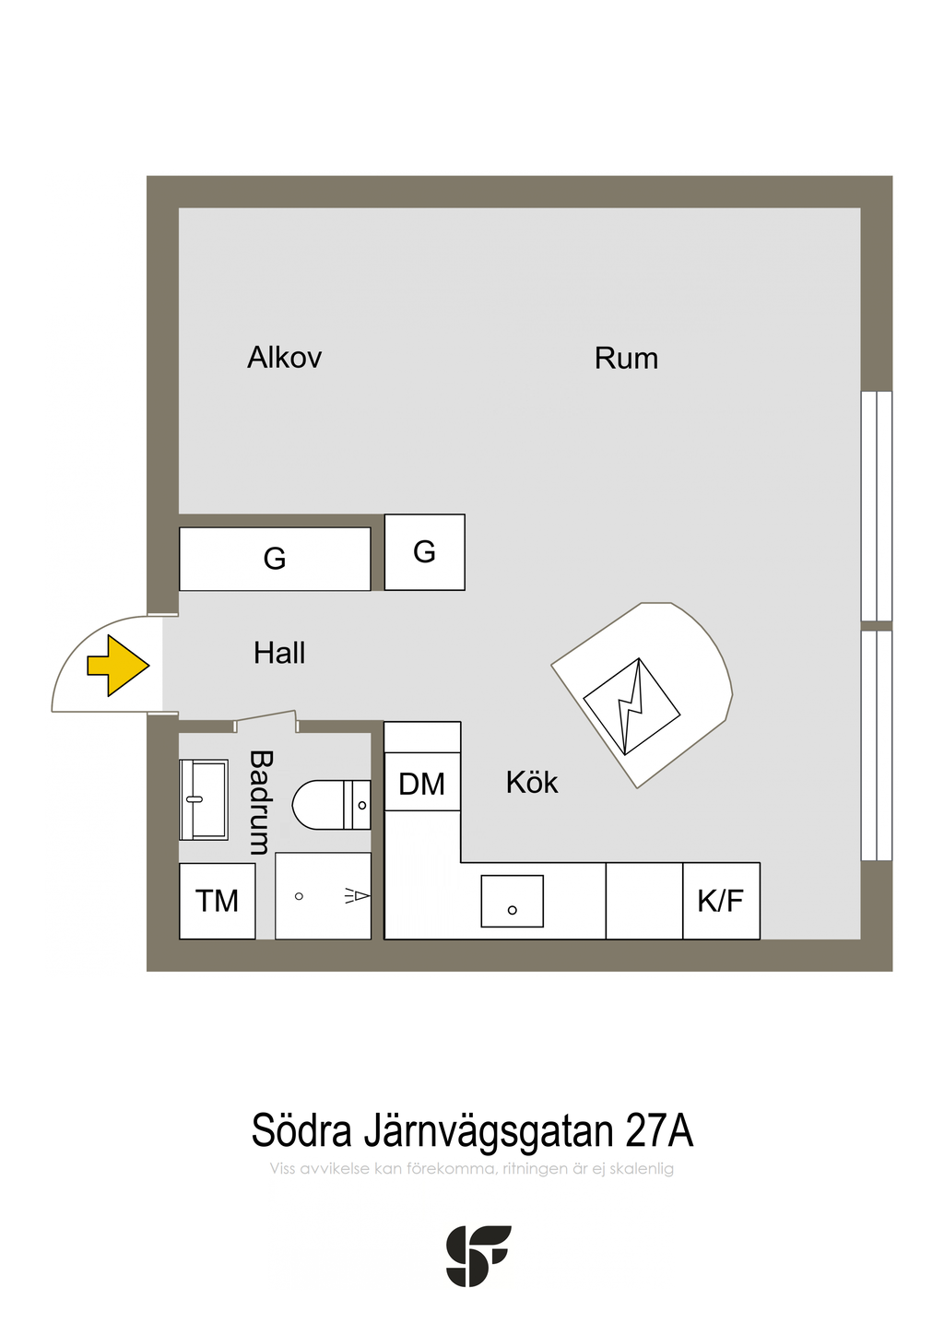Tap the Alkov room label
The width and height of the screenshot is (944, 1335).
[x=284, y=358]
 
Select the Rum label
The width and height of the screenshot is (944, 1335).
[x=626, y=359]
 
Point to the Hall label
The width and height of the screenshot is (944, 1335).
[x=279, y=654]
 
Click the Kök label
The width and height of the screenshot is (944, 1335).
[x=532, y=783]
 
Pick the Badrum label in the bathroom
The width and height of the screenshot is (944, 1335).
[x=261, y=802]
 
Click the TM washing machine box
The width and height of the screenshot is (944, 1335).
[x=218, y=901]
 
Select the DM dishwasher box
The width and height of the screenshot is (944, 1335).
[x=422, y=784]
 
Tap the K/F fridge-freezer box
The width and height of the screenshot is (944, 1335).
[x=721, y=901]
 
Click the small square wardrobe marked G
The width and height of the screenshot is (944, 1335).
[x=424, y=552]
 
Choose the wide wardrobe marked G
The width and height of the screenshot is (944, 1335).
[x=275, y=559]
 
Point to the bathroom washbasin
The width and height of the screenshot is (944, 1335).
[x=204, y=799]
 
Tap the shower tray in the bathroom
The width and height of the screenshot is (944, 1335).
[x=323, y=895]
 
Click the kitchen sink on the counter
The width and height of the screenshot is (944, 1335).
[x=512, y=901]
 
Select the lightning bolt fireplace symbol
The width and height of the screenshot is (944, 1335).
[x=631, y=705]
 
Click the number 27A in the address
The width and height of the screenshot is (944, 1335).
[x=658, y=1130]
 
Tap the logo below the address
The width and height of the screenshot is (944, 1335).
[x=478, y=1256]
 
